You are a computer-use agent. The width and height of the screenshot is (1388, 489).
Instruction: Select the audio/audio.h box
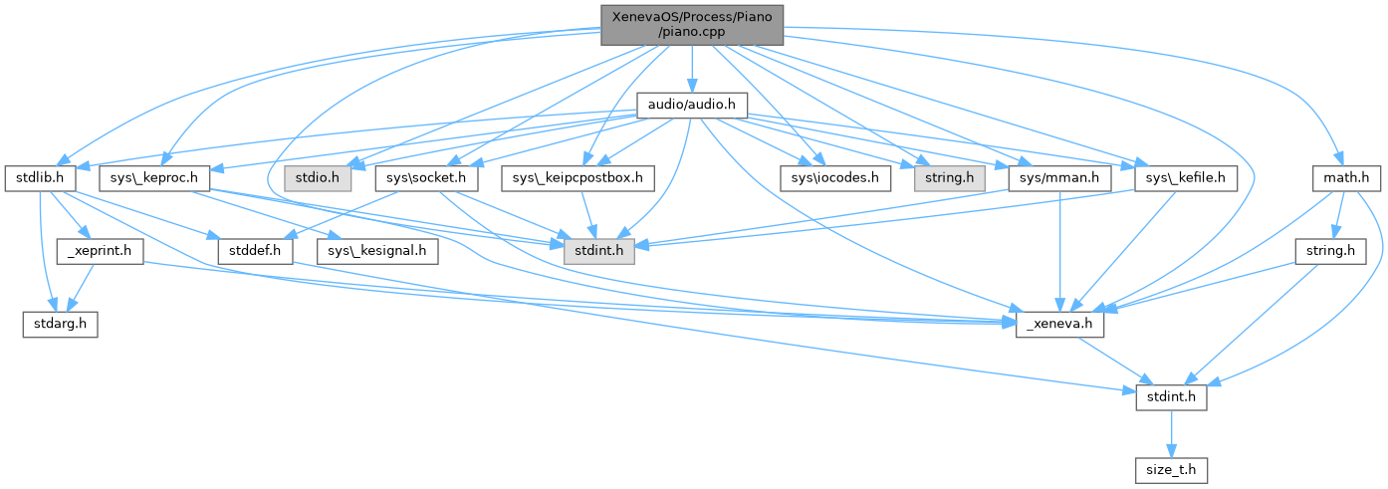click(x=691, y=104)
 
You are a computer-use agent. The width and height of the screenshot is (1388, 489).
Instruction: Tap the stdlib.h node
click(x=40, y=178)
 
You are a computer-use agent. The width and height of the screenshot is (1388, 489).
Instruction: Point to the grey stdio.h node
click(x=314, y=178)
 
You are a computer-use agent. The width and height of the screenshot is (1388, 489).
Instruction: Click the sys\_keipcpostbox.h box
click(x=578, y=178)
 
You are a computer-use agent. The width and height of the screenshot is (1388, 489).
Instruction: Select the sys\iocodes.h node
click(x=834, y=178)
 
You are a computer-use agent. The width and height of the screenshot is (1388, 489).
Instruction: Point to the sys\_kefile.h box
click(x=1186, y=178)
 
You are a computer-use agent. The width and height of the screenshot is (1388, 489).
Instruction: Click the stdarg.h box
click(x=60, y=325)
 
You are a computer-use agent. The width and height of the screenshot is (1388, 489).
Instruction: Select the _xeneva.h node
click(x=1059, y=325)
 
